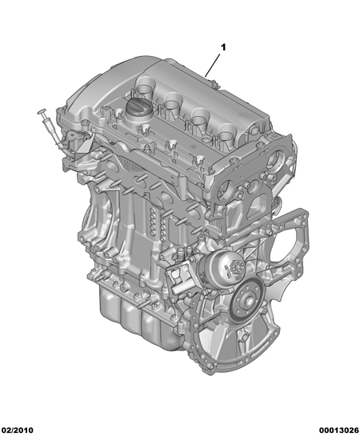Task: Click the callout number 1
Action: [x=223, y=47]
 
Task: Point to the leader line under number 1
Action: [x=212, y=66]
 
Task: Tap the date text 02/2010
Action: [x=18, y=430]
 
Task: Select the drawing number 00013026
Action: [x=338, y=430]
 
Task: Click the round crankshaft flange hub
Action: [x=248, y=300]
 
